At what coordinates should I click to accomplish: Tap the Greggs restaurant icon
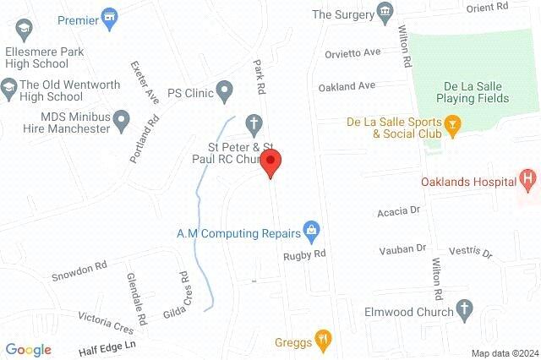tap(322, 341)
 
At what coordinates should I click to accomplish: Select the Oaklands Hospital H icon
tap(529, 178)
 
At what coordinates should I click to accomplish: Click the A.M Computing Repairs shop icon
tap(311, 229)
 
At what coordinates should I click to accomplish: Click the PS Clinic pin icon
tap(224, 88)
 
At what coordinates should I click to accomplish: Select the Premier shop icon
tap(109, 17)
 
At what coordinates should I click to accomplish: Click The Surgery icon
tap(386, 12)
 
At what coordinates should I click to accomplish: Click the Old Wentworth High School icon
tap(8, 85)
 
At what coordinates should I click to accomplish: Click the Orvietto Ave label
tap(352, 52)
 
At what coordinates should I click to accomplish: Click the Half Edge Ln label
tap(107, 346)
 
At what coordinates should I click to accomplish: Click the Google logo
tap(28, 349)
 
